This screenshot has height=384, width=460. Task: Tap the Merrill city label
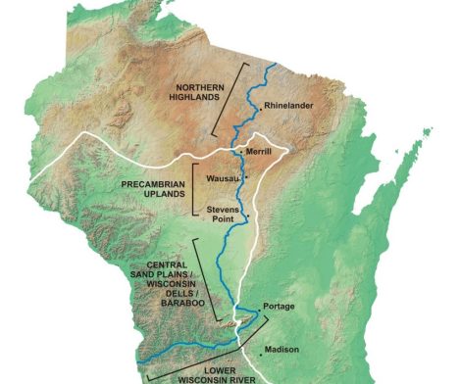(x=258, y=152)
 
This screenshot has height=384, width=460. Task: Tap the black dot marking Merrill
(x=242, y=152)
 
